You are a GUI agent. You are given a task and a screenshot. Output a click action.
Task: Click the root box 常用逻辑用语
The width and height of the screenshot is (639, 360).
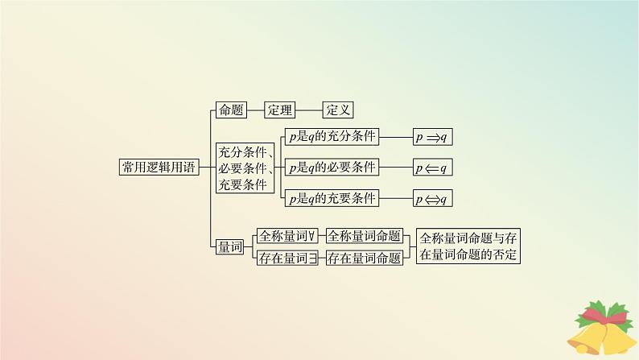coord(158,168)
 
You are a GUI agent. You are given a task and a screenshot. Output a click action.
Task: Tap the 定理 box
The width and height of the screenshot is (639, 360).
coord(281,111)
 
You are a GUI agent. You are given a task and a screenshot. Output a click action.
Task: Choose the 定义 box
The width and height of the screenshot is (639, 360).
coord(338,111)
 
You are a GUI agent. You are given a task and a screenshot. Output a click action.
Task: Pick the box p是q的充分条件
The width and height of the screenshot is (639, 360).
coord(332,137)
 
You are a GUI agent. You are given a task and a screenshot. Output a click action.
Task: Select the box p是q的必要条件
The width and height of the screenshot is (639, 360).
coord(332,168)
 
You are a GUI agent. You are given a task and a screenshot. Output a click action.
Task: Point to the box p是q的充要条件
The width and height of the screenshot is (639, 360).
coord(332,198)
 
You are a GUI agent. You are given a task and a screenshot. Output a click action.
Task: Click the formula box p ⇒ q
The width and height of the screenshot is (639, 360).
coord(433,137)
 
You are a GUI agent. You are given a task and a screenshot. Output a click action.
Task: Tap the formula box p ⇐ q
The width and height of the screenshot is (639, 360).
coord(433,168)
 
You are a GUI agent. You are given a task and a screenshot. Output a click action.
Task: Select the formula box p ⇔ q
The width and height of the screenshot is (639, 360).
coord(433,198)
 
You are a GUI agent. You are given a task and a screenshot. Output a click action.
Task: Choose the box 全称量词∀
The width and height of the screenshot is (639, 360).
coord(287,236)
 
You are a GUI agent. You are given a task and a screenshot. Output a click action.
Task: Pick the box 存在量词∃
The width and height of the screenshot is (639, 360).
coord(287,259)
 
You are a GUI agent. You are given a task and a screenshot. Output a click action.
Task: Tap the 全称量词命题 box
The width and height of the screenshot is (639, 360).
coord(364,236)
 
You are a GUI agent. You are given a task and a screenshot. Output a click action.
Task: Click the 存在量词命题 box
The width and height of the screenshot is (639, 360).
coord(364,259)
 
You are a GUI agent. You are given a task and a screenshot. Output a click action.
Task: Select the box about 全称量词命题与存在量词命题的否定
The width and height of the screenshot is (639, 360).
coord(468,247)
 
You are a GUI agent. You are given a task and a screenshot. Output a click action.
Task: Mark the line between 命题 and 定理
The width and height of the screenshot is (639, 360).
coord(255,111)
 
